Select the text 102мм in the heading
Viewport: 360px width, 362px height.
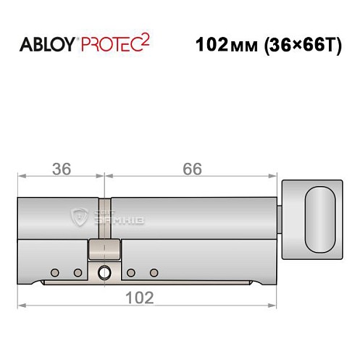click(221, 44)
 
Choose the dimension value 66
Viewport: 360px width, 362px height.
click(191, 169)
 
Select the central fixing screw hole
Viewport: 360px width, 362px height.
click(104, 273)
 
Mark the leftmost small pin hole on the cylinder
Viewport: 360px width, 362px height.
click(54, 273)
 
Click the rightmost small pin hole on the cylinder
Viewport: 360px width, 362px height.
click(154, 273)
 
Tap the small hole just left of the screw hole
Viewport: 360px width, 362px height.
click(78, 273)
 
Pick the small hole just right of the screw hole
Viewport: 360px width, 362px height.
click(131, 273)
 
